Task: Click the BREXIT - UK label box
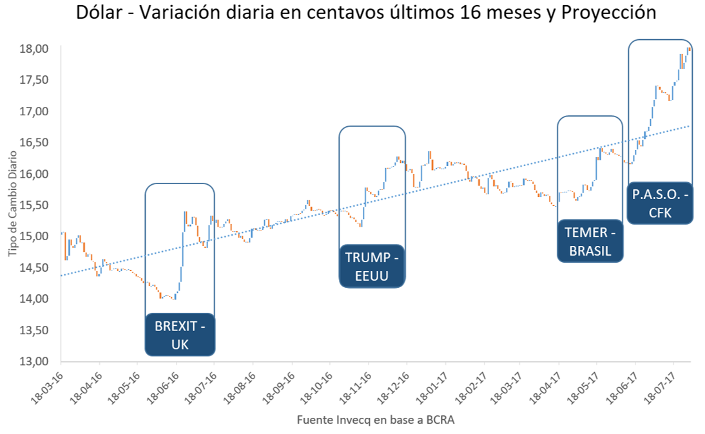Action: point(180,335)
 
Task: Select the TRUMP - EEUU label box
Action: point(372,267)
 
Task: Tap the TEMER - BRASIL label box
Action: point(590,242)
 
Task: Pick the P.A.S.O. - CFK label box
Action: point(660,204)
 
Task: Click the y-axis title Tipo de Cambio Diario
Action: point(14,205)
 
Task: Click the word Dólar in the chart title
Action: point(101,14)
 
